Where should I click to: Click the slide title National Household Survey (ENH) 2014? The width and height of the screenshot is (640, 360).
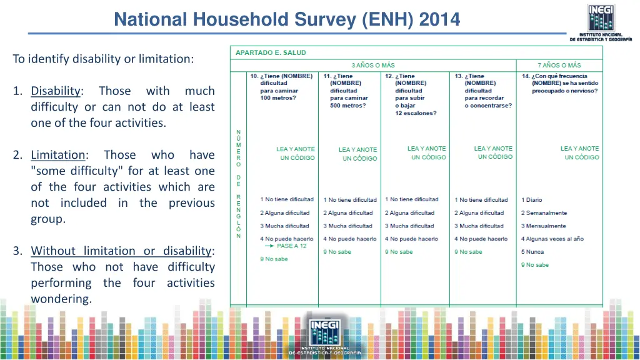(x=287, y=20)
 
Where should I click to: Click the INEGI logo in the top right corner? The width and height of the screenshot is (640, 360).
(x=600, y=22)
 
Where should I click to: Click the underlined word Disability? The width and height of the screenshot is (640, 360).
(x=56, y=91)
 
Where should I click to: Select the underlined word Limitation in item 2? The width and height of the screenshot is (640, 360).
(x=58, y=155)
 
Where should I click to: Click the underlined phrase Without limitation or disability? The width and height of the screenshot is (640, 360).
(x=121, y=251)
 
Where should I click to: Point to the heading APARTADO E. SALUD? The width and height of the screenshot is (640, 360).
(x=271, y=53)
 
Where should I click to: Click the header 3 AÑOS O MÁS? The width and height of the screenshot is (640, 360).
(x=372, y=65)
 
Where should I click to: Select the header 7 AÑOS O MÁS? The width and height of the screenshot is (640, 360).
(x=559, y=65)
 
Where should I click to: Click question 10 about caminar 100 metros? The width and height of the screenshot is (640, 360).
(x=281, y=87)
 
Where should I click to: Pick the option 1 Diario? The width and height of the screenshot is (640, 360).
(x=532, y=200)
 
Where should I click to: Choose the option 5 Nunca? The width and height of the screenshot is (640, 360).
(x=532, y=252)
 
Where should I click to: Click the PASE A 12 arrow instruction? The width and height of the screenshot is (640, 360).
(x=285, y=246)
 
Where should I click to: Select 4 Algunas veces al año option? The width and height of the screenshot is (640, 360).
(x=552, y=239)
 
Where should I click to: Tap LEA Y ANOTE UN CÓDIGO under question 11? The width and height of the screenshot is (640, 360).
(x=357, y=154)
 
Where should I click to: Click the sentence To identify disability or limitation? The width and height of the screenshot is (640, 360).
(x=103, y=59)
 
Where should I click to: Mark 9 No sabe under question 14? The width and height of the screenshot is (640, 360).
(x=535, y=265)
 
